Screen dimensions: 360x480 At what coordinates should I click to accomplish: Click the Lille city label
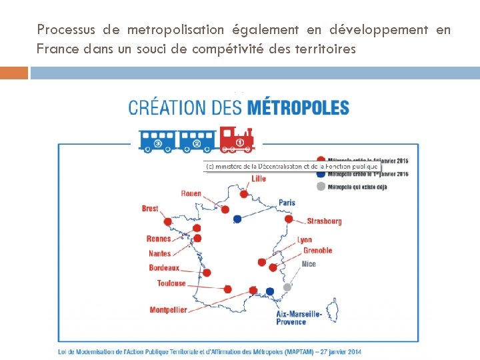tap(259, 179)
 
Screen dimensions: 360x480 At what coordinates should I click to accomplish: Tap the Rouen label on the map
tap(191, 194)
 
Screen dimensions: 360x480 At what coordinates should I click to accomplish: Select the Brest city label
tap(150, 209)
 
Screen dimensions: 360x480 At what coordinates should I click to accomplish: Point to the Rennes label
tap(159, 239)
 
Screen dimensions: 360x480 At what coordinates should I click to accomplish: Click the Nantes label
tap(160, 253)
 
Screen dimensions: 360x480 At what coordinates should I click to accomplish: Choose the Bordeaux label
tap(164, 268)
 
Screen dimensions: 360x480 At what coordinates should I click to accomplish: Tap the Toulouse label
tap(171, 283)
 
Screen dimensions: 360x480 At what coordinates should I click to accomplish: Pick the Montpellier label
tap(168, 310)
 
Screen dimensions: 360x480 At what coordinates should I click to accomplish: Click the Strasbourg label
tap(324, 221)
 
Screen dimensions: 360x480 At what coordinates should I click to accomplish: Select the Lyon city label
tap(304, 240)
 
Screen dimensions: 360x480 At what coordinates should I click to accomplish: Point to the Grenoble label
tap(317, 251)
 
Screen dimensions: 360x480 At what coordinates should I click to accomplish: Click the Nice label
tap(309, 264)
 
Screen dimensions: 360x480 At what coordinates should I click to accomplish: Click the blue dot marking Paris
tap(237, 219)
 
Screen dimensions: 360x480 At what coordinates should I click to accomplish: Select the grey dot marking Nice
tap(287, 287)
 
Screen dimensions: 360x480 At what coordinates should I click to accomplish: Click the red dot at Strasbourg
tap(289, 219)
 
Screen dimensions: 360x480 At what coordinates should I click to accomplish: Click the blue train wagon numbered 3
tap(159, 141)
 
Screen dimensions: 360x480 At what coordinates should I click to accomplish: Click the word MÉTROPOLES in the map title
tap(298, 107)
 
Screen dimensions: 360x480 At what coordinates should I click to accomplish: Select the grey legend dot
tap(321, 187)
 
